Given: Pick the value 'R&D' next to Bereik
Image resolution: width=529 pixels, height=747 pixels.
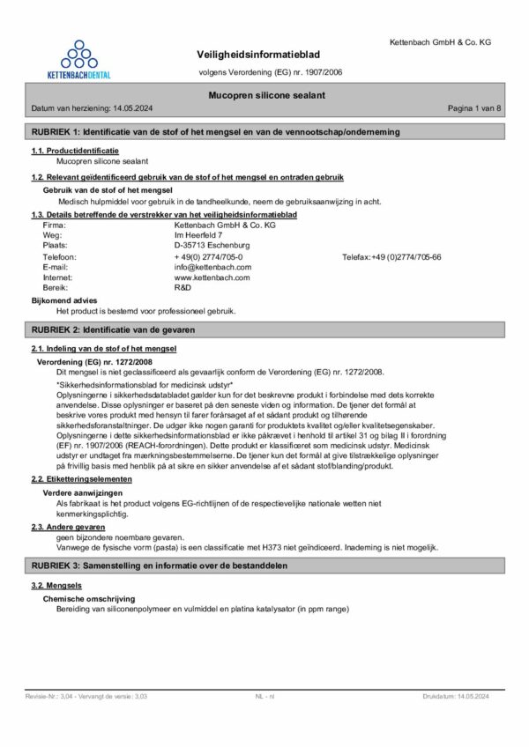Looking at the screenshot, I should coord(183,287).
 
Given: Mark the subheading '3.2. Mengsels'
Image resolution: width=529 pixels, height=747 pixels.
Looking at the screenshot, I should coord(56,585).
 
